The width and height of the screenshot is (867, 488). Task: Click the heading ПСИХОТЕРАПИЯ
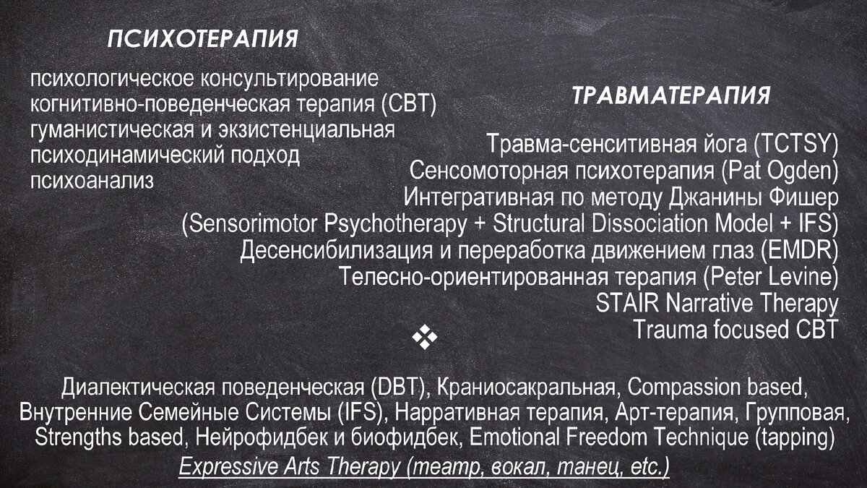[202, 39]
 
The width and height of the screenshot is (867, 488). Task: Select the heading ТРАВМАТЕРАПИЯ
[671, 96]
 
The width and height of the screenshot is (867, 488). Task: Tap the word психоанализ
[92, 180]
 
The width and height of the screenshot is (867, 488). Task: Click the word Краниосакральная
[527, 388]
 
